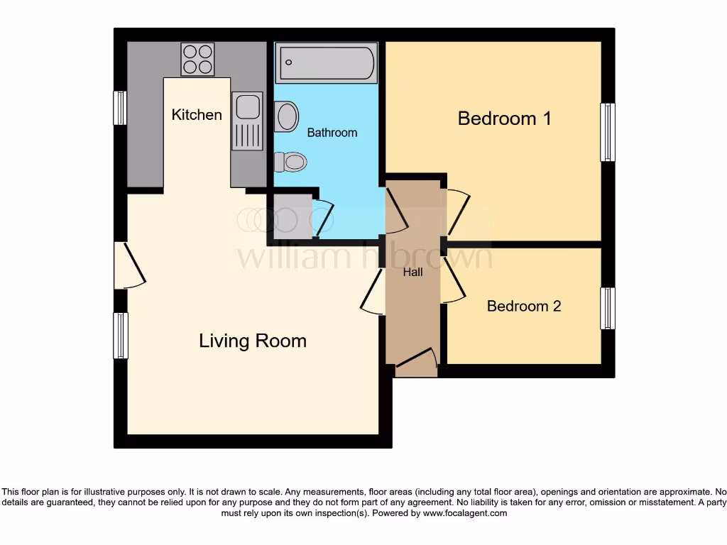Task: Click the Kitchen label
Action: pyautogui.click(x=197, y=115)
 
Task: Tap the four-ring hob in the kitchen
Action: pyautogui.click(x=198, y=59)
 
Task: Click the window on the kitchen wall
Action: pyautogui.click(x=120, y=108)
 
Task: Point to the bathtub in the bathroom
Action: pyautogui.click(x=327, y=63)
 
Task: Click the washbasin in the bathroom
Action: pyautogui.click(x=287, y=116)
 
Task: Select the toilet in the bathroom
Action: pyautogui.click(x=290, y=162)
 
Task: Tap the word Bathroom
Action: pyautogui.click(x=332, y=133)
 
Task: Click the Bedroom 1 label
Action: pyautogui.click(x=504, y=119)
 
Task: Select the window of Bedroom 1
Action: pyautogui.click(x=607, y=132)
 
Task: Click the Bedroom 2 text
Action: pyautogui.click(x=524, y=307)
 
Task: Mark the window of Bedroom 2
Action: pyautogui.click(x=607, y=308)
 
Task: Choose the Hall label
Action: pyautogui.click(x=412, y=272)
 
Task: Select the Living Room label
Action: pyautogui.click(x=253, y=341)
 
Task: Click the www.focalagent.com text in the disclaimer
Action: pyautogui.click(x=465, y=513)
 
